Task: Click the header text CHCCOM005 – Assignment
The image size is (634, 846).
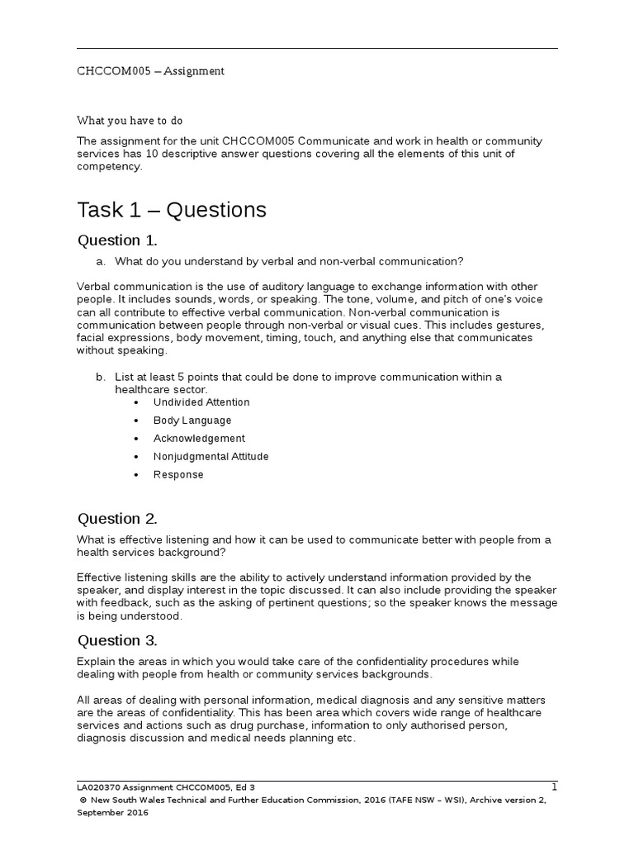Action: [150, 71]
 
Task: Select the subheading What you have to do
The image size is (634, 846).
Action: [130, 120]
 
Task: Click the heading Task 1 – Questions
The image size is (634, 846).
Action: [172, 210]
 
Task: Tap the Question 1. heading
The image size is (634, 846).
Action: [116, 240]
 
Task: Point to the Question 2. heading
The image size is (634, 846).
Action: [116, 519]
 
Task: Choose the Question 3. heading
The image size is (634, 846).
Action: [116, 640]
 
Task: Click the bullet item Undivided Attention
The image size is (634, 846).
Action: [201, 402]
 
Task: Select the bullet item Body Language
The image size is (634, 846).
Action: [192, 421]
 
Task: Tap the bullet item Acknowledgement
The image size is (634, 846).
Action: [199, 439]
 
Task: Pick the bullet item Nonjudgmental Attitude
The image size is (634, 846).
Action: [211, 457]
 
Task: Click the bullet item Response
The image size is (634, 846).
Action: [178, 475]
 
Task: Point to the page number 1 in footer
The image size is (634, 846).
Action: [554, 787]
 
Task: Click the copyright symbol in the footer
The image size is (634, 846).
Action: [83, 801]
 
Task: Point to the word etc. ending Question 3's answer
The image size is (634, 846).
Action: [346, 739]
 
